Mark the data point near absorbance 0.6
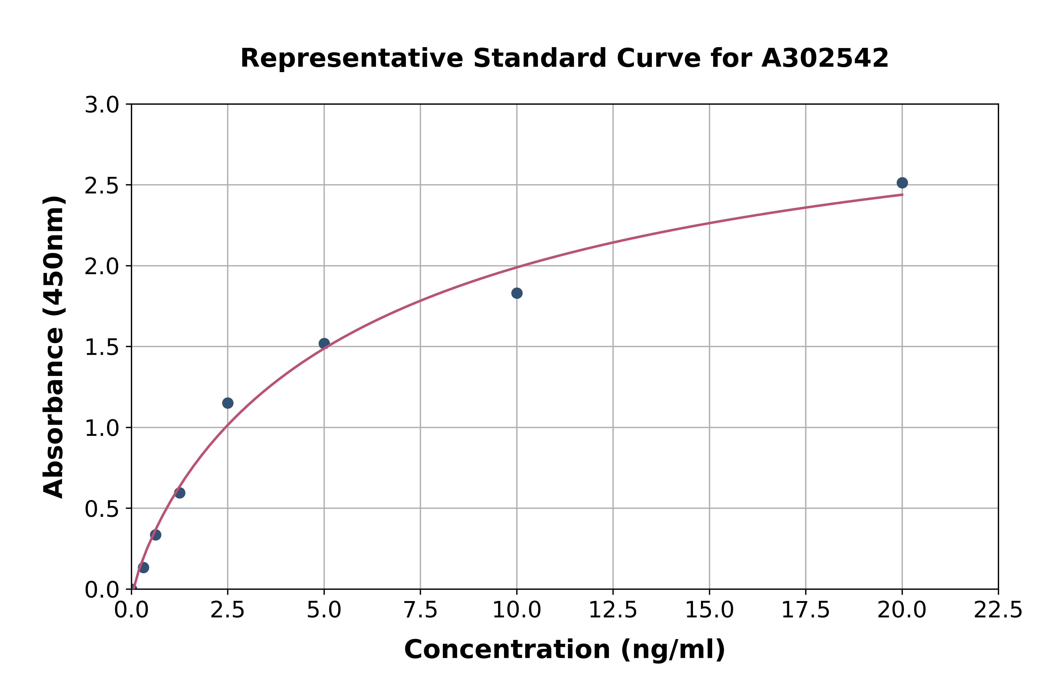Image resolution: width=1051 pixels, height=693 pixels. tap(180, 493)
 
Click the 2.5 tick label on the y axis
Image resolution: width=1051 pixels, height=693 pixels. tap(102, 186)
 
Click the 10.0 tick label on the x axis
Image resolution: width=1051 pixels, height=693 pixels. tap(517, 610)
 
